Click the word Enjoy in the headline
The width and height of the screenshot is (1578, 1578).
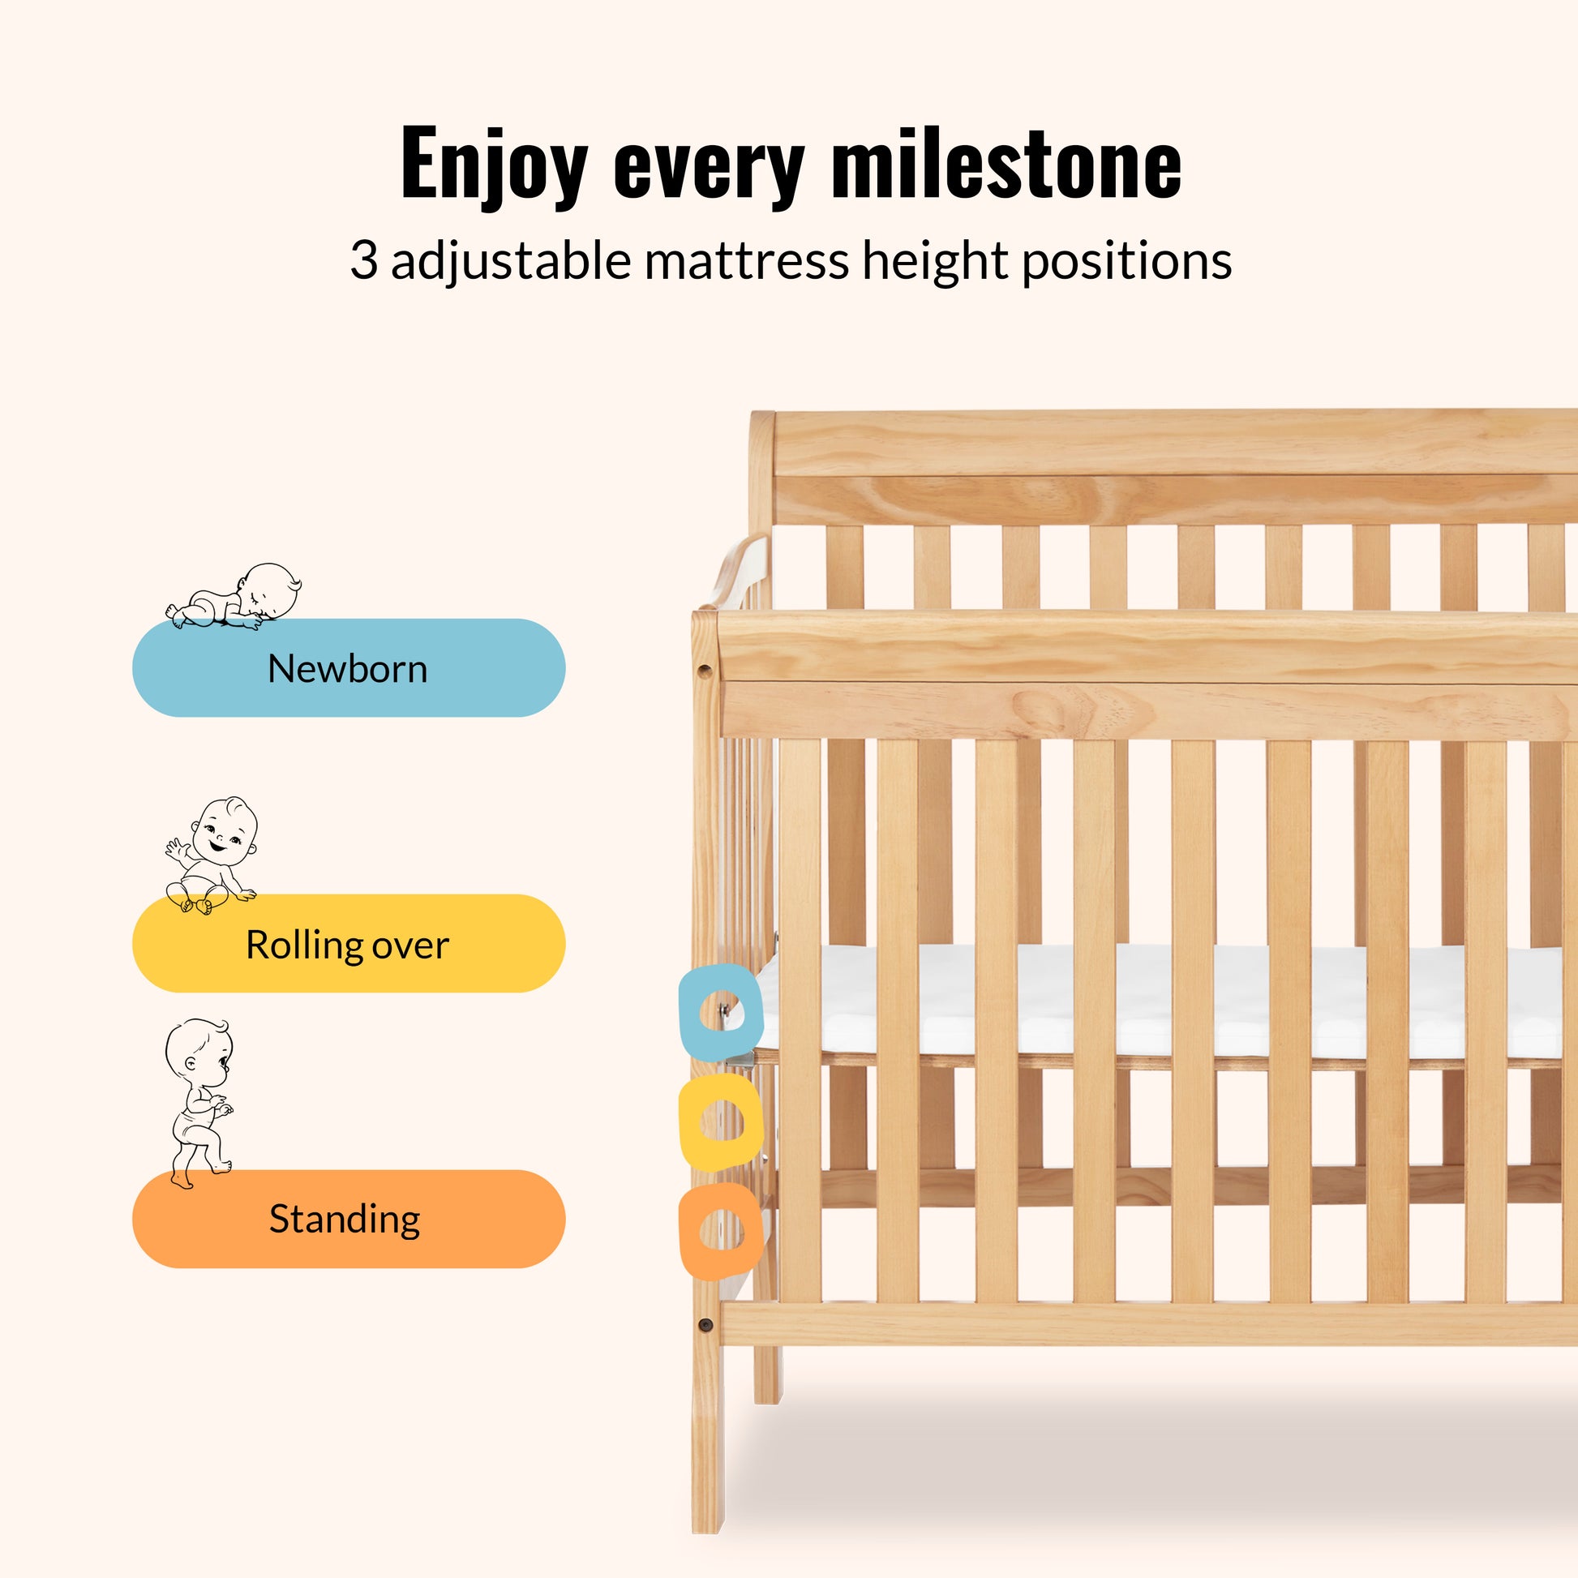pyautogui.click(x=494, y=165)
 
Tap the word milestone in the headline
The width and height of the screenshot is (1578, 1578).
pyautogui.click(x=1006, y=162)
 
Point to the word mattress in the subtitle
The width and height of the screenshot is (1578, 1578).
pyautogui.click(x=747, y=261)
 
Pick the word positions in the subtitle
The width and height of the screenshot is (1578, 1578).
pyautogui.click(x=1127, y=263)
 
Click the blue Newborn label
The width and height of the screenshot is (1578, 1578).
pyautogui.click(x=349, y=667)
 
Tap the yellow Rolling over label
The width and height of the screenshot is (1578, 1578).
pyautogui.click(x=349, y=943)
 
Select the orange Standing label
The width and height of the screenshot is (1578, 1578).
pyautogui.click(x=349, y=1219)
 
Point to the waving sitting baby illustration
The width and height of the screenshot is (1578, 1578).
pyautogui.click(x=211, y=855)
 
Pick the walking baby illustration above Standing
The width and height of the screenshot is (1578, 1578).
pyautogui.click(x=199, y=1103)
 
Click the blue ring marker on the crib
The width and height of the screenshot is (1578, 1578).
pyautogui.click(x=721, y=1013)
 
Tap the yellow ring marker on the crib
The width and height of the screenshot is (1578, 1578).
pyautogui.click(x=721, y=1122)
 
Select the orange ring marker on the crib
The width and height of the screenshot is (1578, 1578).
pyautogui.click(x=720, y=1232)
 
